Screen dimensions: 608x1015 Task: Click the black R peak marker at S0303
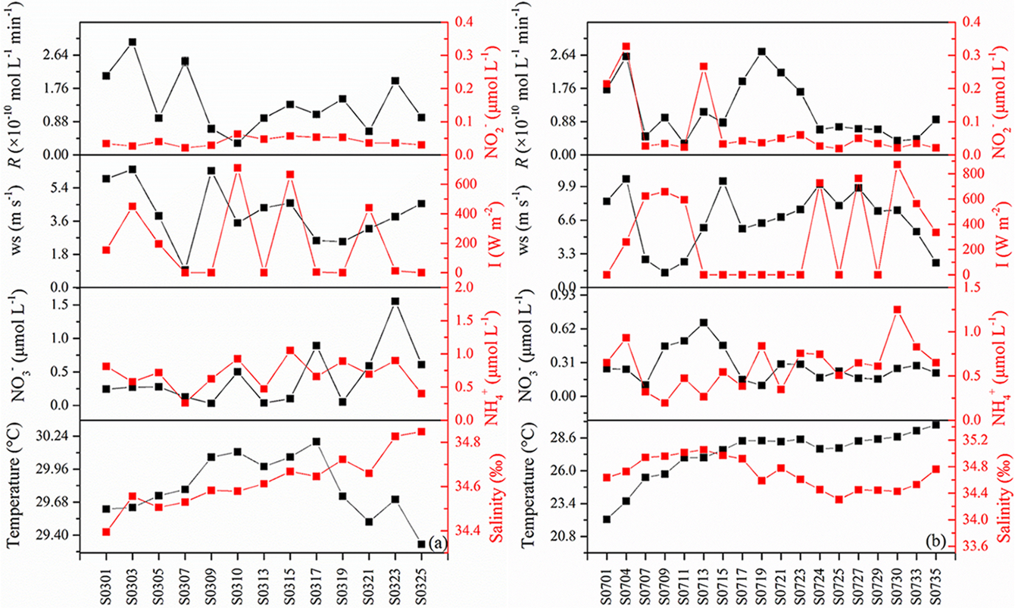(133, 42)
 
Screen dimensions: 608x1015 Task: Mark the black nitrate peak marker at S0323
(395, 301)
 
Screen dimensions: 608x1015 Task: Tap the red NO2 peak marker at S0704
(626, 47)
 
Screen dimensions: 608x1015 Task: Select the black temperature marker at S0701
(607, 519)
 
